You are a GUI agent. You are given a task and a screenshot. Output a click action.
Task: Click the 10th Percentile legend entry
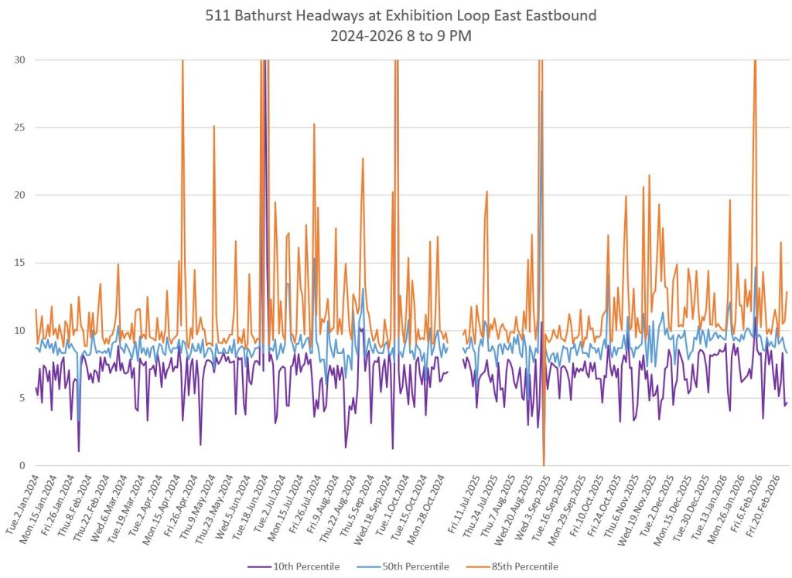tap(308, 566)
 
